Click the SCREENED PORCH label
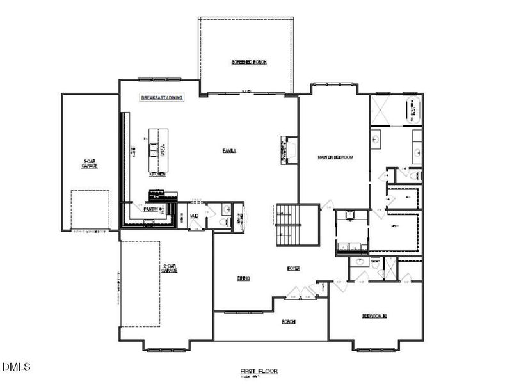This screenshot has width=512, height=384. click(x=249, y=62)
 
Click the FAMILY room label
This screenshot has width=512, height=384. click(x=229, y=151)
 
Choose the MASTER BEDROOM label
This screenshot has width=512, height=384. click(x=335, y=157)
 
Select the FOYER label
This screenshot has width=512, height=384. click(x=293, y=268)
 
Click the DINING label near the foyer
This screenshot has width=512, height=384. click(x=243, y=278)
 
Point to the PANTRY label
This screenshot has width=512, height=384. click(x=151, y=209)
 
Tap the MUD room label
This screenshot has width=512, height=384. click(x=193, y=216)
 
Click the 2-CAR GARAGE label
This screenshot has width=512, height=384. click(x=169, y=269)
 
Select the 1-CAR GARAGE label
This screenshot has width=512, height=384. click(x=90, y=164)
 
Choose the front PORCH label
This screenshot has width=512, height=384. click(x=289, y=321)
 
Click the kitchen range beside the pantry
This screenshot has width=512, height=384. click(x=157, y=193)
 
